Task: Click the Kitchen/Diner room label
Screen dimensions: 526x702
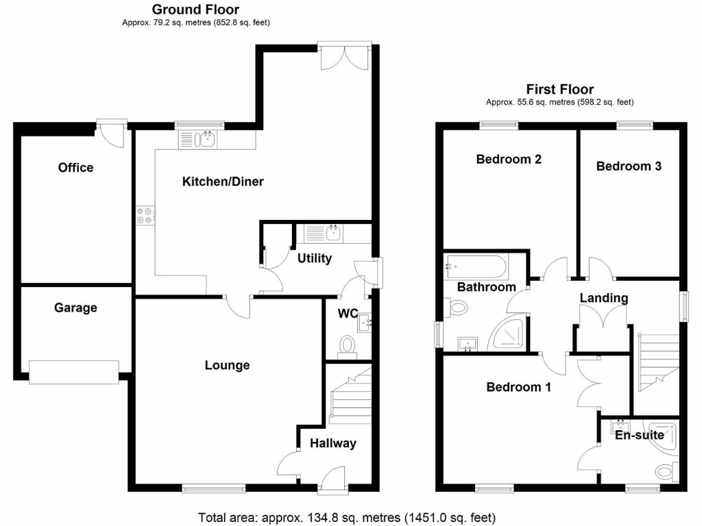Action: pyautogui.click(x=222, y=181)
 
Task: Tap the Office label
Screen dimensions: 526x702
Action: pyautogui.click(x=75, y=168)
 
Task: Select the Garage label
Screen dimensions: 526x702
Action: pyautogui.click(x=75, y=308)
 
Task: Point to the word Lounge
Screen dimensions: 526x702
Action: pyautogui.click(x=227, y=365)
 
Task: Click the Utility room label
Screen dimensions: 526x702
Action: pyautogui.click(x=315, y=258)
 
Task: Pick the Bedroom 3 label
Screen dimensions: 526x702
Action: pyautogui.click(x=629, y=166)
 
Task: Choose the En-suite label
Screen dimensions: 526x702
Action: pyautogui.click(x=639, y=435)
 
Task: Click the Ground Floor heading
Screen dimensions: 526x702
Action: pyautogui.click(x=195, y=10)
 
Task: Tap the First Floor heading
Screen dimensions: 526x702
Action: pyautogui.click(x=559, y=89)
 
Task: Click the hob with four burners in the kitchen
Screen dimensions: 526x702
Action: pyautogui.click(x=145, y=216)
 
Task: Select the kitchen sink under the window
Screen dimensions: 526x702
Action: pyautogui.click(x=197, y=140)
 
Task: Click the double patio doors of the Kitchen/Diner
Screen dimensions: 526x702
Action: pyautogui.click(x=345, y=55)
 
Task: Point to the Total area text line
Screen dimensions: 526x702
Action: pyautogui.click(x=346, y=517)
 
